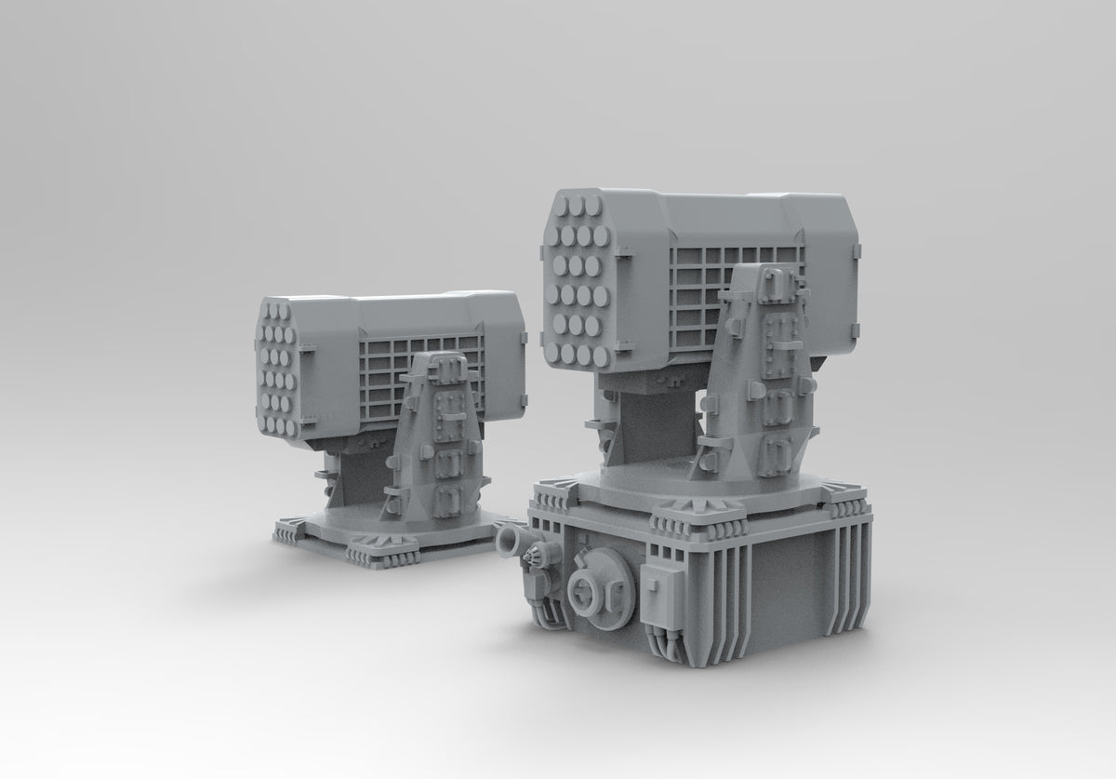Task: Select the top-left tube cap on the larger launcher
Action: click(x=562, y=204)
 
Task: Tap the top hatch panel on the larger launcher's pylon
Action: click(x=775, y=289)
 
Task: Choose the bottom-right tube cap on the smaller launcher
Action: click(x=292, y=427)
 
